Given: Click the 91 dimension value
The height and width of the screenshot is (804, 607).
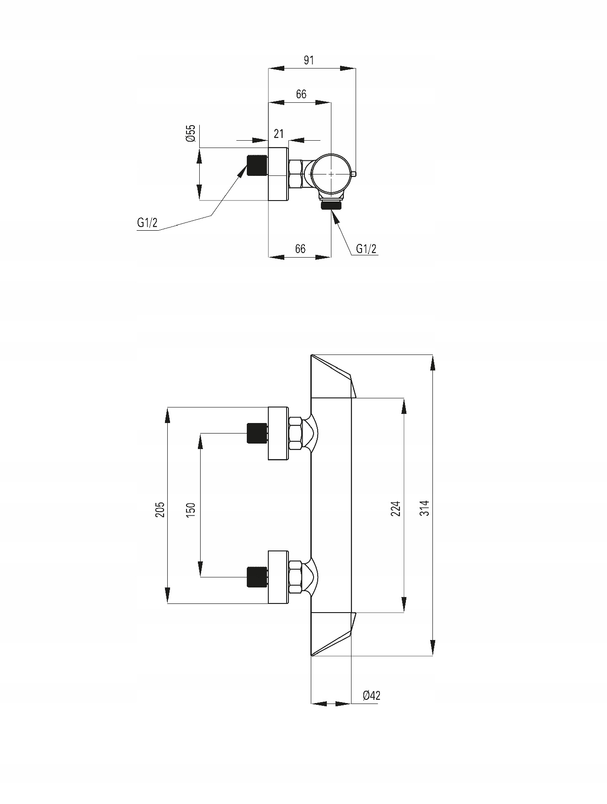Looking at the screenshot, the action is [x=309, y=60].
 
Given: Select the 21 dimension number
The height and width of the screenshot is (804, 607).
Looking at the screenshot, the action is [x=278, y=133].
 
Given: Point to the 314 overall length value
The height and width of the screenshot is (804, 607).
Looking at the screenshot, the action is [x=425, y=508].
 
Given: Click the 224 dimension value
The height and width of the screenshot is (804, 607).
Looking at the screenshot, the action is [x=396, y=508].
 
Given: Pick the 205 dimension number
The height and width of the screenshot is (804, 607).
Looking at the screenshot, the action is [x=160, y=509].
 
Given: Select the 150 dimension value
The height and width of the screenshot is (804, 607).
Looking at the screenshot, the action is [x=191, y=509].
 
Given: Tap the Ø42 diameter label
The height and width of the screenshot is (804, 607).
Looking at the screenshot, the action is [x=371, y=695].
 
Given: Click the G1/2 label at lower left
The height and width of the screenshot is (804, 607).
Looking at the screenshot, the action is [x=147, y=223].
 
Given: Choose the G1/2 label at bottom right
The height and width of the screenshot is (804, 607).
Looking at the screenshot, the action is [x=367, y=249].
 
